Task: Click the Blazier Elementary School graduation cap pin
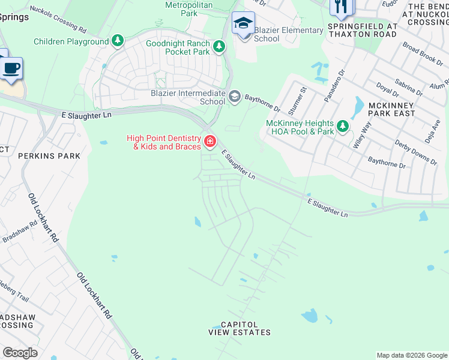click(243, 24)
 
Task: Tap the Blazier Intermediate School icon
click(234, 96)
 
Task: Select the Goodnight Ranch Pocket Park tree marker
click(219, 46)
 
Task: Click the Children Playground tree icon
click(118, 41)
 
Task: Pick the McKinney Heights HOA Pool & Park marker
click(342, 125)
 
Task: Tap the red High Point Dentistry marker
click(209, 142)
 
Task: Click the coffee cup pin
click(11, 68)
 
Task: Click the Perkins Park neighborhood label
click(41, 156)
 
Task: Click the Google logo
click(20, 353)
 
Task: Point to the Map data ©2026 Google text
click(411, 355)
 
